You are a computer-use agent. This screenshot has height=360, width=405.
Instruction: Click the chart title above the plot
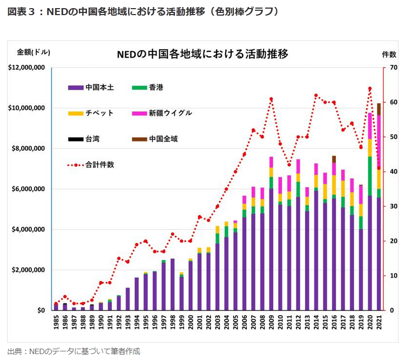tap(202, 54)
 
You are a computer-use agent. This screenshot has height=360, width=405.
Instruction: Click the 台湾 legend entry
tap(92, 139)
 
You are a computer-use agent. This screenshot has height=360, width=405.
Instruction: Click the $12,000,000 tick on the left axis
tap(26, 67)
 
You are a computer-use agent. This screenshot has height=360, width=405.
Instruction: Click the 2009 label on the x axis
tap(271, 323)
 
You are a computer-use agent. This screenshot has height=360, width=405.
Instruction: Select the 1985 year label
tap(57, 323)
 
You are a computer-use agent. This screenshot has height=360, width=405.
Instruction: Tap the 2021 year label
tap(379, 323)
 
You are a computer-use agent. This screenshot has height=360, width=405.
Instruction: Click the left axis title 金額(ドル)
tap(33, 52)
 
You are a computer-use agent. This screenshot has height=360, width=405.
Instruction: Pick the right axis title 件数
tap(389, 54)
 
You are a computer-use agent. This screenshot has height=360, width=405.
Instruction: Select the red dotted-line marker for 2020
tap(370, 89)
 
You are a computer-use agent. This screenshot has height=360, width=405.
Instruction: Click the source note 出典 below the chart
tap(73, 351)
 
